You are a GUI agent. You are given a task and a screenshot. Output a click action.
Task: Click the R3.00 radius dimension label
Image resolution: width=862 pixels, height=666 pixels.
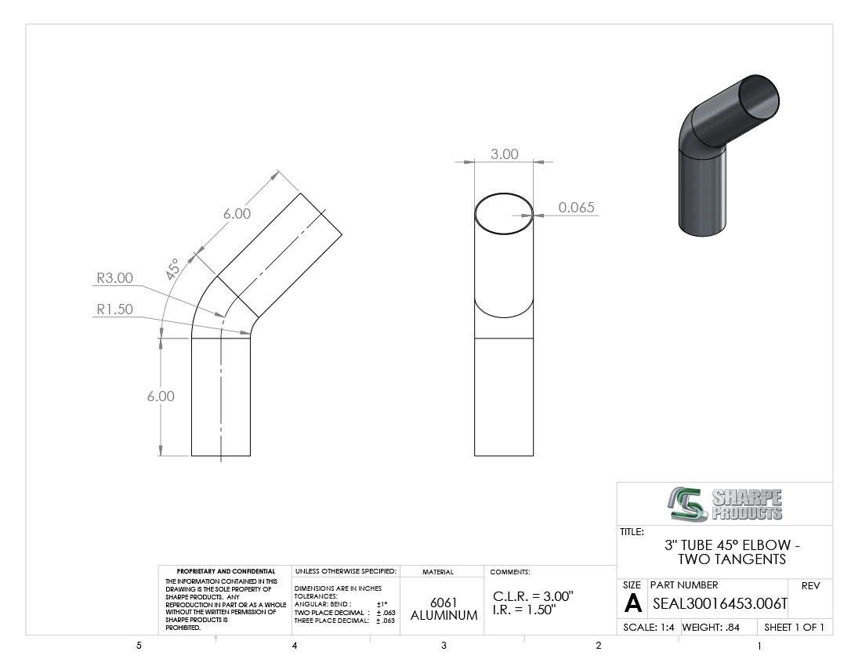pyautogui.click(x=115, y=278)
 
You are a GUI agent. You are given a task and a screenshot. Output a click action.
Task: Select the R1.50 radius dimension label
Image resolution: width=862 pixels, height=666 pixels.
pyautogui.click(x=115, y=309)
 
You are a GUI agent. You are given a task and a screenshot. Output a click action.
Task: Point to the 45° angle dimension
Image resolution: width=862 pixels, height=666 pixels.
pyautogui.click(x=172, y=269)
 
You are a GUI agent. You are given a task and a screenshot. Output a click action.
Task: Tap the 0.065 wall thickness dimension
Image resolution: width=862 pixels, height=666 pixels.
pyautogui.click(x=576, y=207)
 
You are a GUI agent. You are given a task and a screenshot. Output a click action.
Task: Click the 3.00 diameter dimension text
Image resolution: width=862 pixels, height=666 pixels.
pyautogui.click(x=504, y=154)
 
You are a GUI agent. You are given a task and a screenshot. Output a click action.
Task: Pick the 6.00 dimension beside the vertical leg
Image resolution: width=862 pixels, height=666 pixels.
pyautogui.click(x=161, y=396)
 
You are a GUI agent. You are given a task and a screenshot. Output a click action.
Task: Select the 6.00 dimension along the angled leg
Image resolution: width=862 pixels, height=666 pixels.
pyautogui.click(x=237, y=213)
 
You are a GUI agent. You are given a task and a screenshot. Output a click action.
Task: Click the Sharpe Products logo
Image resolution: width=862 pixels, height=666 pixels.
pyautogui.click(x=725, y=504)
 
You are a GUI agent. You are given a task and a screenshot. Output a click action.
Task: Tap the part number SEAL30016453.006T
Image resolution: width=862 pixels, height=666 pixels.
pyautogui.click(x=719, y=604)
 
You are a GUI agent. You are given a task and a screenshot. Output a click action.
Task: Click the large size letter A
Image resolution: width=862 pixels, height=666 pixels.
pyautogui.click(x=633, y=604)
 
